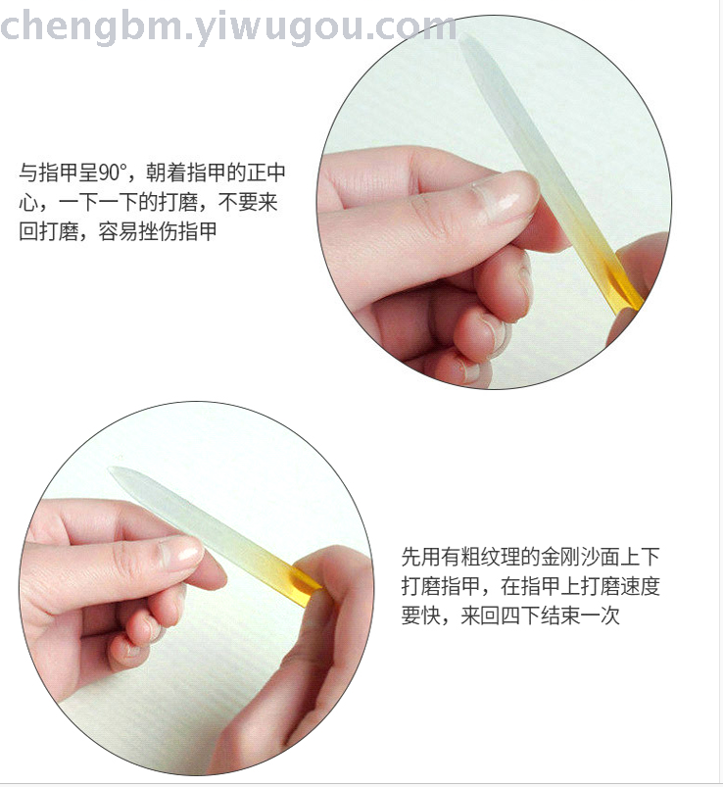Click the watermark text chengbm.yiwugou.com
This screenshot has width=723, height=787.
[x=228, y=27]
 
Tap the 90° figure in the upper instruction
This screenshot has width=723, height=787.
[x=109, y=172]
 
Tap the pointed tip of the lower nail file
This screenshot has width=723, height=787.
[x=111, y=470]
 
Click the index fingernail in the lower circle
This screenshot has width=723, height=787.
[x=179, y=554]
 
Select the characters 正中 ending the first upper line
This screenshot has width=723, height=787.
[x=265, y=172]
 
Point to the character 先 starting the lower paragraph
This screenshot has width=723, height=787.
[x=410, y=557]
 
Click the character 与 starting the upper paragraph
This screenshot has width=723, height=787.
[x=28, y=172]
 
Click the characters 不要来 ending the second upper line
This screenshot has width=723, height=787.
[x=248, y=202]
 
